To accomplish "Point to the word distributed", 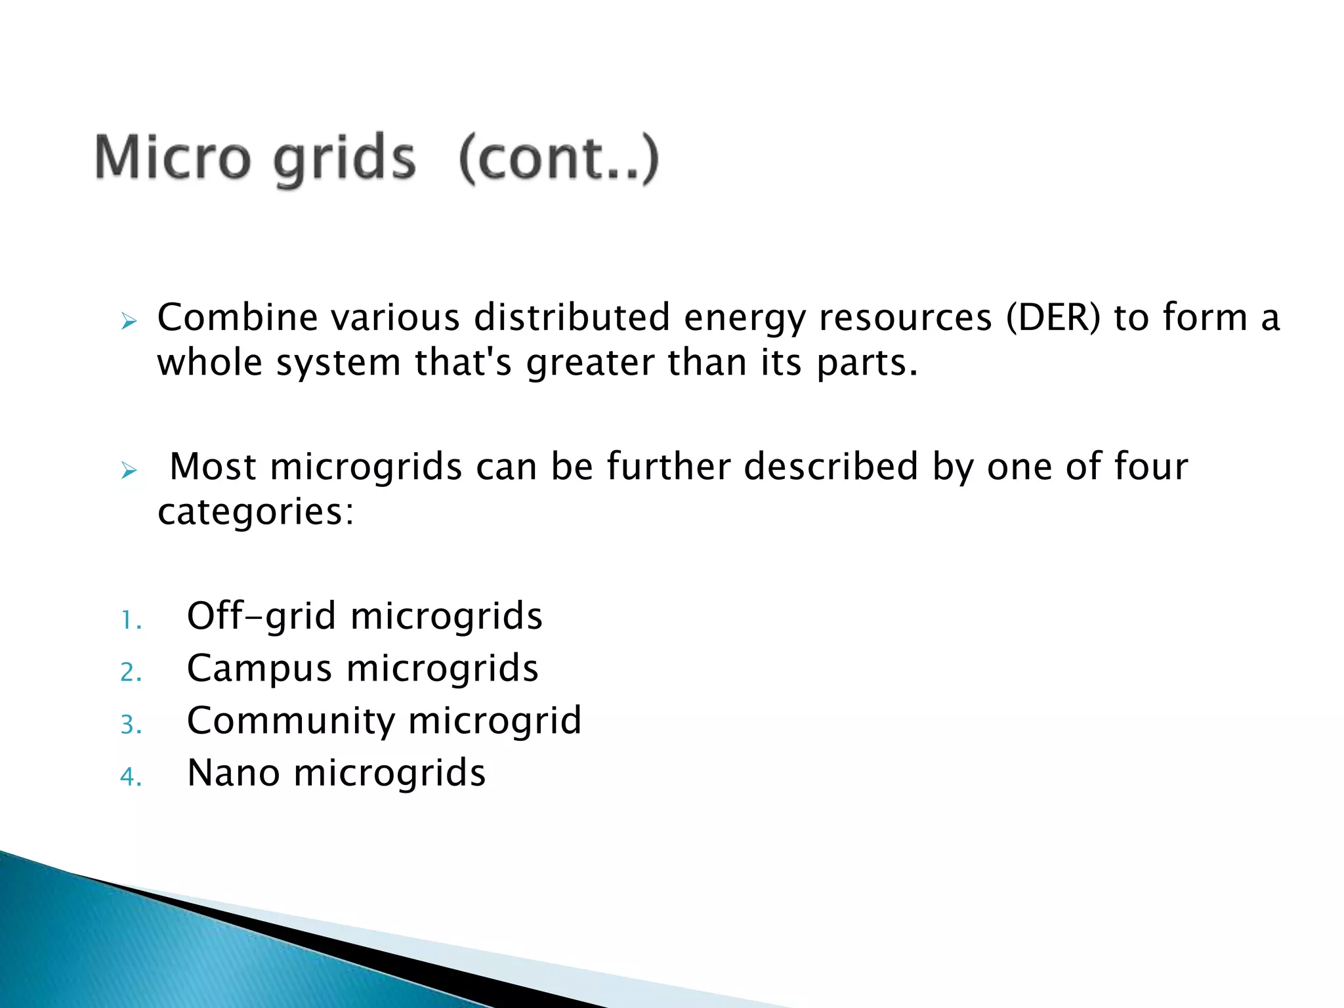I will [572, 318].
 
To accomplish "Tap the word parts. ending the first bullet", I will [867, 364].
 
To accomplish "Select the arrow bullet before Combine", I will [129, 322].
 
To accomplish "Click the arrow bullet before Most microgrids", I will [129, 471].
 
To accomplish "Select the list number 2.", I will [131, 673].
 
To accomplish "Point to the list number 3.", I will [131, 725].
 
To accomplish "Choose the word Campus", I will [259, 669].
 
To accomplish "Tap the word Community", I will [290, 721].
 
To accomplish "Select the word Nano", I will [234, 773].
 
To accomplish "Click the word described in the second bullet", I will [831, 467].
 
